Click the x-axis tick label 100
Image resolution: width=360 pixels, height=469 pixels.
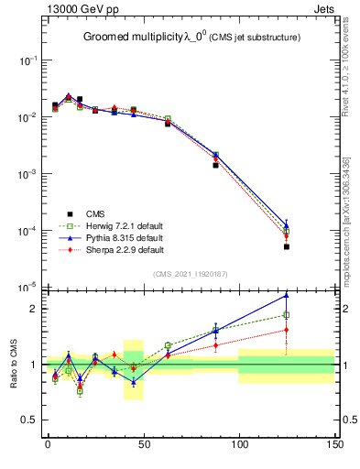tap(238, 445)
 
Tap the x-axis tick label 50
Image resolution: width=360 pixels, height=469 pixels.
tap(143, 445)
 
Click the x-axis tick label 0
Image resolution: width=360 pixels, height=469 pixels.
tap(48, 445)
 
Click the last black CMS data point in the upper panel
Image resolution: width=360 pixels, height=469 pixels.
tap(287, 246)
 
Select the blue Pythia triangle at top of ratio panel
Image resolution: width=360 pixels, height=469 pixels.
tap(287, 295)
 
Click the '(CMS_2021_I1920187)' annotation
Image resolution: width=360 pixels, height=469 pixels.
tap(190, 273)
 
